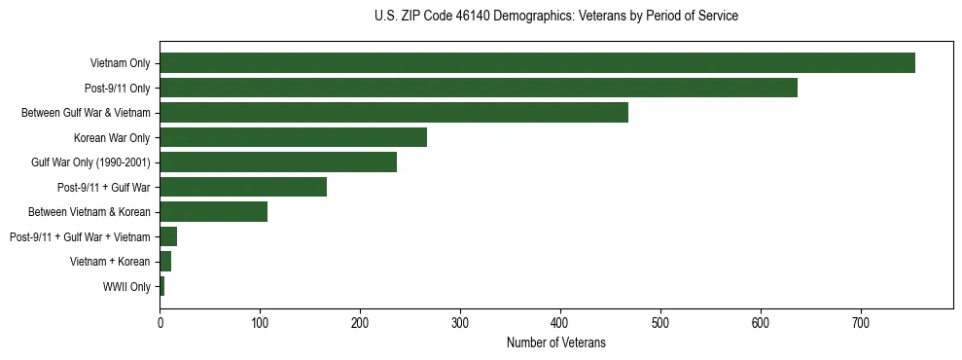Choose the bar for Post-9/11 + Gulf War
[x=243, y=187]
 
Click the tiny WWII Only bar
[x=162, y=287]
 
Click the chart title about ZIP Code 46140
[x=555, y=17]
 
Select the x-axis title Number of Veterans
[x=555, y=342]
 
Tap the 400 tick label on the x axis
[x=560, y=321]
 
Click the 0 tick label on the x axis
[x=160, y=321]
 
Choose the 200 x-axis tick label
[x=360, y=321]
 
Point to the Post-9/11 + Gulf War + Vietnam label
[x=80, y=237]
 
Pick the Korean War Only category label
[x=112, y=137]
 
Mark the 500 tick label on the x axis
[x=660, y=321]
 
